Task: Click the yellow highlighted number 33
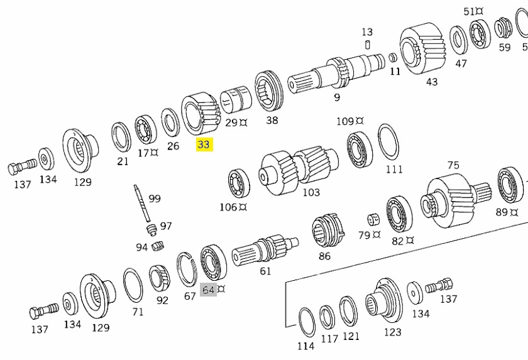(204, 145)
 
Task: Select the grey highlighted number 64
(208, 290)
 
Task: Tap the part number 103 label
(311, 192)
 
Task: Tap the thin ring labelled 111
(388, 143)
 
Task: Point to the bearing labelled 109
(361, 150)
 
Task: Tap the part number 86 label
(324, 256)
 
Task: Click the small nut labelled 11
(393, 57)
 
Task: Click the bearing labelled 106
(239, 183)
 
